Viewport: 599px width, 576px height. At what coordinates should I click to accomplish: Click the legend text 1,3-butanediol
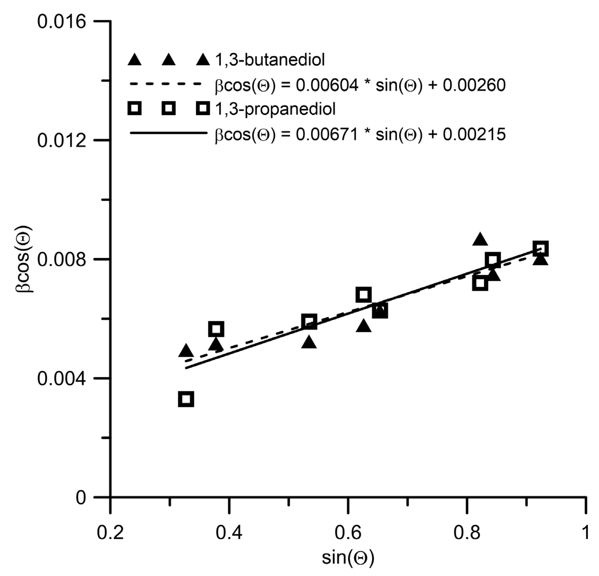270,60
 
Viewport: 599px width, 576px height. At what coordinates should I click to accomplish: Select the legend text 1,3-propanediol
275,109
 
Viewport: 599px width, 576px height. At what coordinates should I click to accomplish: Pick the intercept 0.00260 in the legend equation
474,85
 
